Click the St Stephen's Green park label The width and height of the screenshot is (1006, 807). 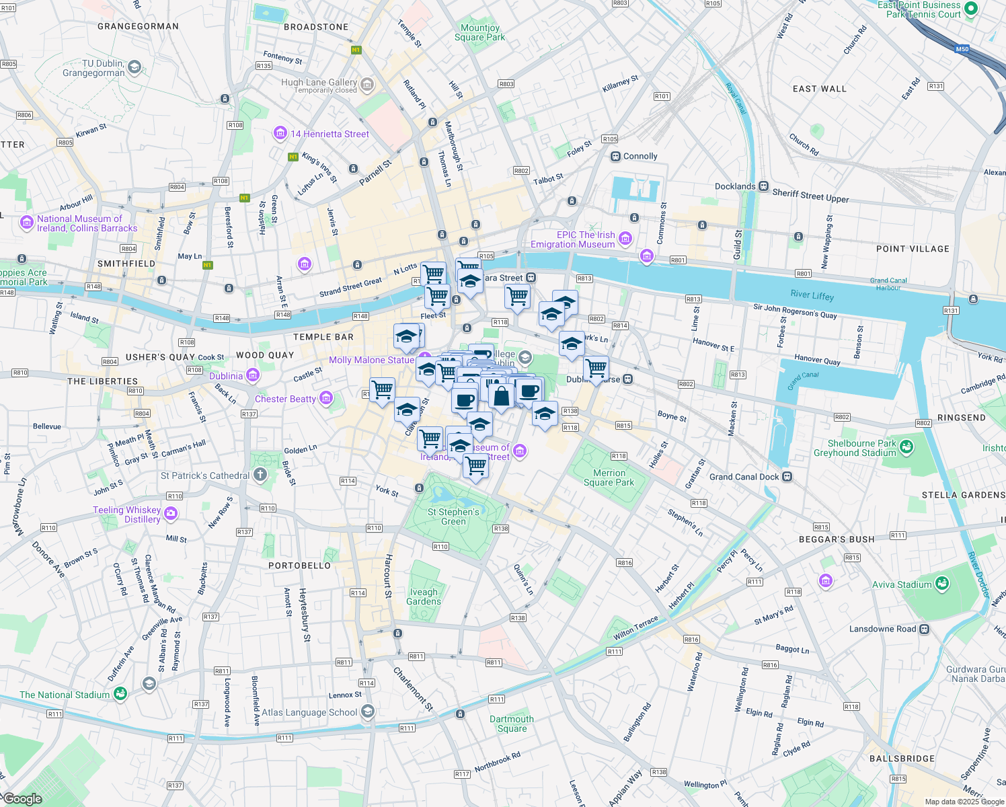pyautogui.click(x=453, y=516)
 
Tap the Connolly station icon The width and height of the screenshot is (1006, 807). pyautogui.click(x=615, y=156)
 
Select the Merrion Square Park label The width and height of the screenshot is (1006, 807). pyautogui.click(x=609, y=477)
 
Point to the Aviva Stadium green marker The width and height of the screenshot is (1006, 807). pyautogui.click(x=941, y=584)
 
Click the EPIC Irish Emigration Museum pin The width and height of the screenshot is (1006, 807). pyautogui.click(x=625, y=238)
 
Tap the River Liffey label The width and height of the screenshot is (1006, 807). pyautogui.click(x=812, y=295)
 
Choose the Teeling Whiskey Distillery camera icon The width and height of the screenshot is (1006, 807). pyautogui.click(x=171, y=514)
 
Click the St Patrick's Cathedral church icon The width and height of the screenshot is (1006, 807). pyautogui.click(x=261, y=475)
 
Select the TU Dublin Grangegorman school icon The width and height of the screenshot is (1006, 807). pyautogui.click(x=134, y=67)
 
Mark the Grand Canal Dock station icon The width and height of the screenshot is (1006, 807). pyautogui.click(x=787, y=477)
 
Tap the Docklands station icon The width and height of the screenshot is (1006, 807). pyautogui.click(x=763, y=186)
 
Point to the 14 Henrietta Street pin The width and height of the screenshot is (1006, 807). pyautogui.click(x=280, y=133)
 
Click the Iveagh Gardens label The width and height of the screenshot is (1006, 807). pyautogui.click(x=424, y=597)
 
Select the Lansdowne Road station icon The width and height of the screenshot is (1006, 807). pyautogui.click(x=925, y=629)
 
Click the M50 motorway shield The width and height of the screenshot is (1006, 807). pyautogui.click(x=962, y=49)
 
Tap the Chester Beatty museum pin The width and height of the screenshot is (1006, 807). pyautogui.click(x=326, y=398)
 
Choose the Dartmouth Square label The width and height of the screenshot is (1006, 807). pyautogui.click(x=512, y=724)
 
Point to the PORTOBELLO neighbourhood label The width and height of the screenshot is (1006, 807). pyautogui.click(x=299, y=566)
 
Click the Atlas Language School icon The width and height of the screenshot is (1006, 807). pyautogui.click(x=367, y=711)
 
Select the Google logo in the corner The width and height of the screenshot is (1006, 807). pyautogui.click(x=23, y=799)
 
